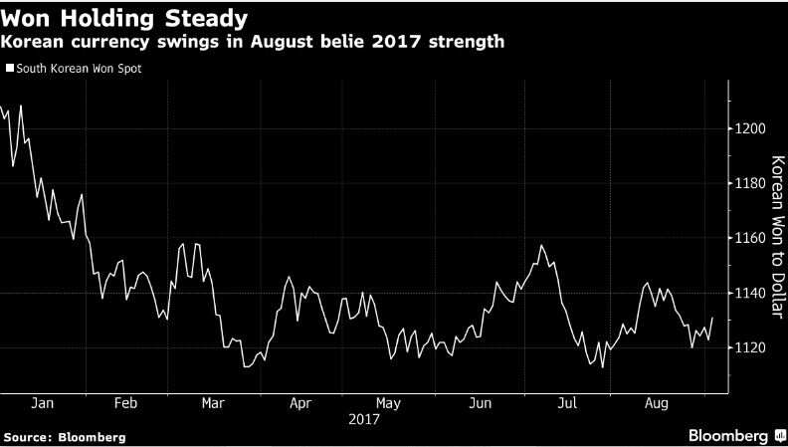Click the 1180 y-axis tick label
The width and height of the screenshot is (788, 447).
tap(749, 184)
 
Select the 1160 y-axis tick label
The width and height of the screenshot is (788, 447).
tap(749, 239)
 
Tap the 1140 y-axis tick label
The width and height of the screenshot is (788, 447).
tap(749, 294)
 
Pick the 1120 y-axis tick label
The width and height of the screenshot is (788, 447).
tap(749, 347)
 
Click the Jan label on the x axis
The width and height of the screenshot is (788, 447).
tap(42, 404)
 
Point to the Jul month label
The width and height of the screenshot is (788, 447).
tap(567, 404)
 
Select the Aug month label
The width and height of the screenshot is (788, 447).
tap(656, 404)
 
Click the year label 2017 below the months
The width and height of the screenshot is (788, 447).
tap(364, 420)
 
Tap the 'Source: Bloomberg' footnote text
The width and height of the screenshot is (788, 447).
tap(66, 436)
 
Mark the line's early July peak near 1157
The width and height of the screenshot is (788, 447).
tap(542, 245)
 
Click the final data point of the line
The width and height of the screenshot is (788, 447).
tap(712, 318)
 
